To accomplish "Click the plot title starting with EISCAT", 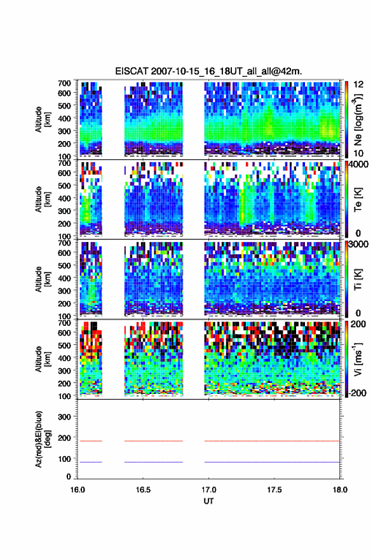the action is click(208, 71).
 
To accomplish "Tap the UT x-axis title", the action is click(208, 501).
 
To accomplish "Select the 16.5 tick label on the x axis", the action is click(143, 490).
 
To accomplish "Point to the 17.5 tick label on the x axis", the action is click(275, 490).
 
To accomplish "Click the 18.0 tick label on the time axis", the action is click(340, 490).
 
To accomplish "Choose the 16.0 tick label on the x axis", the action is click(78, 490).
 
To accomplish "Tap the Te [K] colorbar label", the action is click(358, 199).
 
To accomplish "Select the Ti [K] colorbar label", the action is click(358, 279).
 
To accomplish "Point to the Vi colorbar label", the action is click(358, 359).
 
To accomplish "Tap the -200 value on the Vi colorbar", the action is click(356, 393).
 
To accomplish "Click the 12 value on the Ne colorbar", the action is click(358, 84).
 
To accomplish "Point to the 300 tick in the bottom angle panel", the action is click(65, 417).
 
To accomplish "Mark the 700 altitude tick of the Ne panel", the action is click(65, 83).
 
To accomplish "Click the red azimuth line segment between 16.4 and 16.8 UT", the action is click(154, 441).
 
